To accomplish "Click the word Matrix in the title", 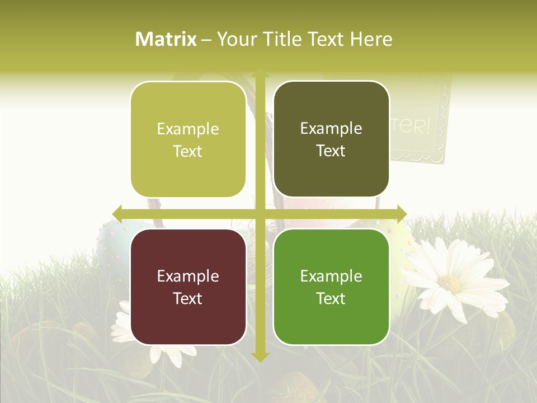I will pos(166,39).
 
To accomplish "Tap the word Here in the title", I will pos(371,39).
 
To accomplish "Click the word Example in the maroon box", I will pos(188,276).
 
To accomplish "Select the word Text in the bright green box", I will pos(331,298).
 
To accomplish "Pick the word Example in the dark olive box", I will pos(331,128).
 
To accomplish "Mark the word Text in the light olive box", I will pos(188,151).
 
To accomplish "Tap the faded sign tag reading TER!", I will pos(417,126).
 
